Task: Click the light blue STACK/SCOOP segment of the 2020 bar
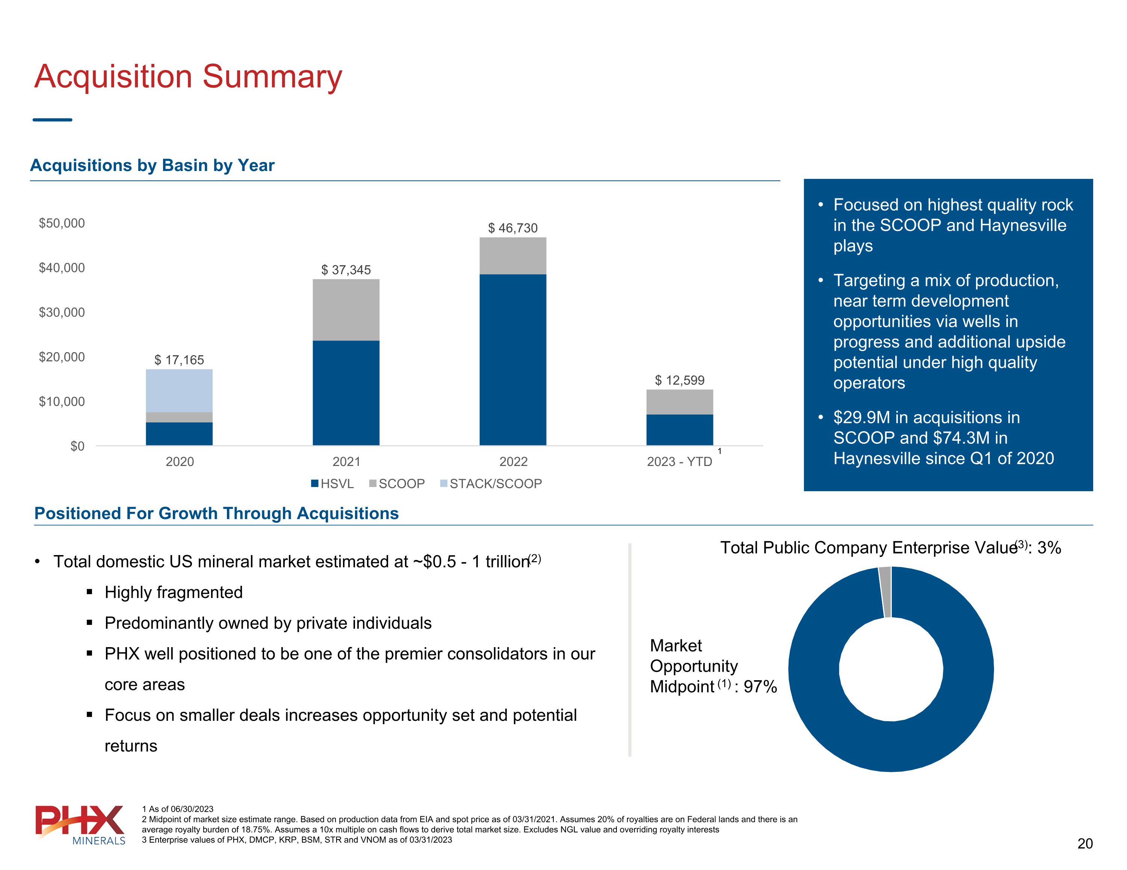click(179, 390)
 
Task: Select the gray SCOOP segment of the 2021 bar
click(346, 310)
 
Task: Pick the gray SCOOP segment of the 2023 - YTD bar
click(679, 402)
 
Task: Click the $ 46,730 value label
click(512, 228)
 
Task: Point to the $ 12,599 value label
click(679, 381)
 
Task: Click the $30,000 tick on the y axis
click(62, 312)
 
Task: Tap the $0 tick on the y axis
click(77, 446)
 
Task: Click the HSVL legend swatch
click(315, 484)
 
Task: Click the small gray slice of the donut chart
click(884, 592)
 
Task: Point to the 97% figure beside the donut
click(760, 687)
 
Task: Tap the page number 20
click(1085, 844)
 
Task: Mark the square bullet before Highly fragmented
click(90, 592)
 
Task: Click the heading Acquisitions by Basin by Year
click(152, 165)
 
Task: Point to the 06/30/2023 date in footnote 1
click(192, 809)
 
